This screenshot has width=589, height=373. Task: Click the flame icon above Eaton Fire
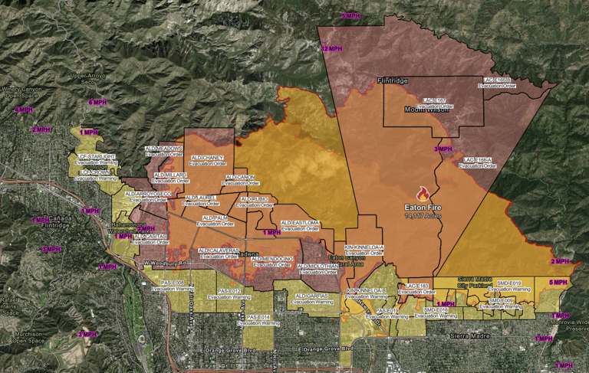[x=422, y=195]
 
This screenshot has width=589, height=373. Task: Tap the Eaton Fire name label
[x=423, y=207]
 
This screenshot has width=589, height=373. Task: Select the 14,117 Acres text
[x=423, y=215]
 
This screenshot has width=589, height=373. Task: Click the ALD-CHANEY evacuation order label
[x=206, y=161]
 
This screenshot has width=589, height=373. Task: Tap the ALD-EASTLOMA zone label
[x=301, y=225]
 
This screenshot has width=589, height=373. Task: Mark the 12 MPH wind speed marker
[x=331, y=48]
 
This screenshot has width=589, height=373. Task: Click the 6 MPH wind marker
[x=97, y=102]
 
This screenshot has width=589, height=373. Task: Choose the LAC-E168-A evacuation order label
[x=475, y=163]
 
